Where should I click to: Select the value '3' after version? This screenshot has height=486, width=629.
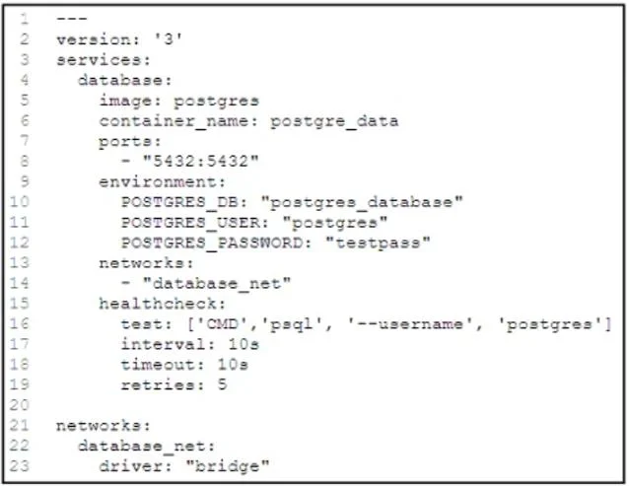pyautogui.click(x=169, y=38)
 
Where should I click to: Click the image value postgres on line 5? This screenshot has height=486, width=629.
pyautogui.click(x=216, y=102)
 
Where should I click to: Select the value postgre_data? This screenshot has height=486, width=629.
pyautogui.click(x=334, y=121)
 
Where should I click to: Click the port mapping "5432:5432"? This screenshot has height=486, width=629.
pyautogui.click(x=201, y=162)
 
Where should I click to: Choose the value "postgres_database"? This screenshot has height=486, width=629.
pyautogui.click(x=362, y=202)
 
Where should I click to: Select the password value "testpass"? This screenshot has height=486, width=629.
pyautogui.click(x=378, y=243)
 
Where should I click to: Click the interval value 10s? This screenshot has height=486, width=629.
pyautogui.click(x=244, y=344)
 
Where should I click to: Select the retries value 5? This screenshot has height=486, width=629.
pyautogui.click(x=222, y=384)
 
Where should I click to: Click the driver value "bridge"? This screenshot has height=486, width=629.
pyautogui.click(x=228, y=466)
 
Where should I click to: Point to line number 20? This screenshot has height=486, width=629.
pyautogui.click(x=20, y=405)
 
